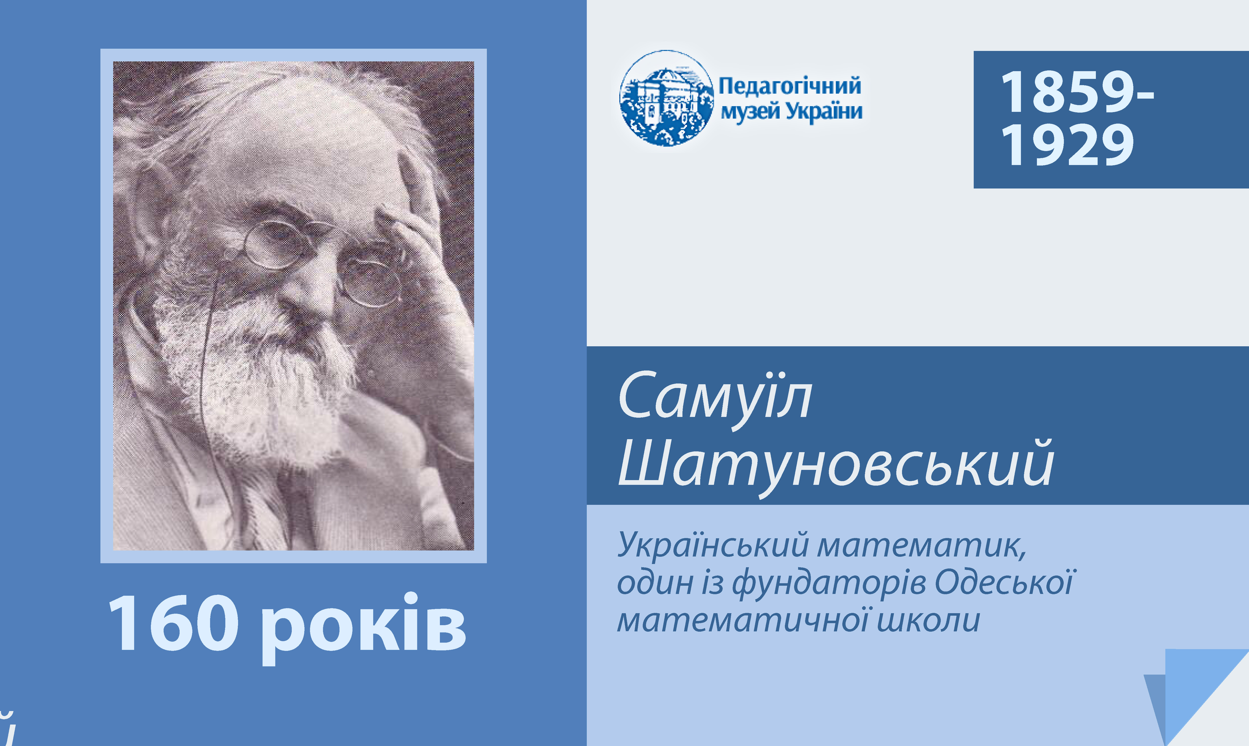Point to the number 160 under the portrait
pos(173,623)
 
